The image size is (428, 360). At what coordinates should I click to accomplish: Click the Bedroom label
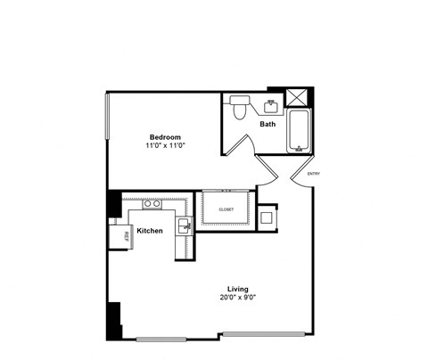tap(165, 136)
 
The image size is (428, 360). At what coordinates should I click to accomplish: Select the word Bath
tap(267, 124)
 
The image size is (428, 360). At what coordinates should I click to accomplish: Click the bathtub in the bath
tap(298, 131)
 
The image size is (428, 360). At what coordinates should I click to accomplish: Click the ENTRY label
tap(314, 173)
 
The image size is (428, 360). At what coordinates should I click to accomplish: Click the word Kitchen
tap(150, 231)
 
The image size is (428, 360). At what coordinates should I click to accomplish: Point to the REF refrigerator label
tap(126, 235)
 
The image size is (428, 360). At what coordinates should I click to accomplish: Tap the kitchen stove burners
tap(152, 204)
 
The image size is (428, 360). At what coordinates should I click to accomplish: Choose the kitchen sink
tap(185, 226)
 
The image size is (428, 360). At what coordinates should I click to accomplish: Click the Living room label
tap(237, 289)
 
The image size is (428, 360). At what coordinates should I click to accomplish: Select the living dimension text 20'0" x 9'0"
tap(237, 299)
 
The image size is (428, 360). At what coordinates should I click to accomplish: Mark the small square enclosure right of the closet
tap(267, 217)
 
